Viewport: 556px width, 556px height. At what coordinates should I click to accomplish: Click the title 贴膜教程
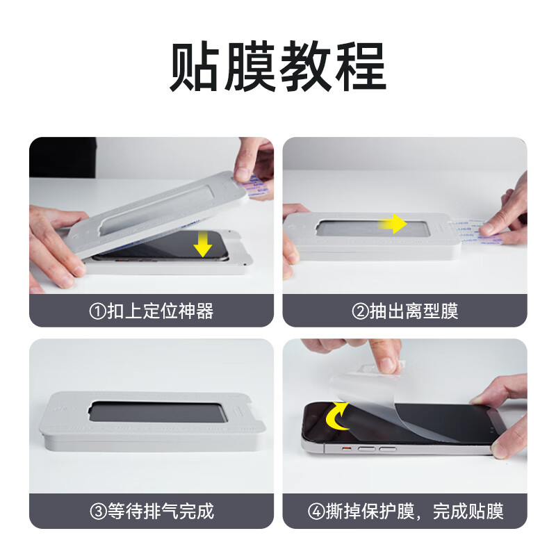click(x=278, y=68)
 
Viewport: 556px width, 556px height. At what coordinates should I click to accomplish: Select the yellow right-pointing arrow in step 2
click(x=393, y=224)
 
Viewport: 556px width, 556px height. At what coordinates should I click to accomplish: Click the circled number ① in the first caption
click(x=97, y=311)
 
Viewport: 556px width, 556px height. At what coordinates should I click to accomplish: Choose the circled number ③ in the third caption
click(x=97, y=512)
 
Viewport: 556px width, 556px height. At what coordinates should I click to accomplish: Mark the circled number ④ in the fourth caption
click(x=316, y=512)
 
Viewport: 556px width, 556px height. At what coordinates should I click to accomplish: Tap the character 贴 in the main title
click(x=197, y=68)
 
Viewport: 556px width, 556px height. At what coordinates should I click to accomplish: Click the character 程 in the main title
click(x=359, y=68)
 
